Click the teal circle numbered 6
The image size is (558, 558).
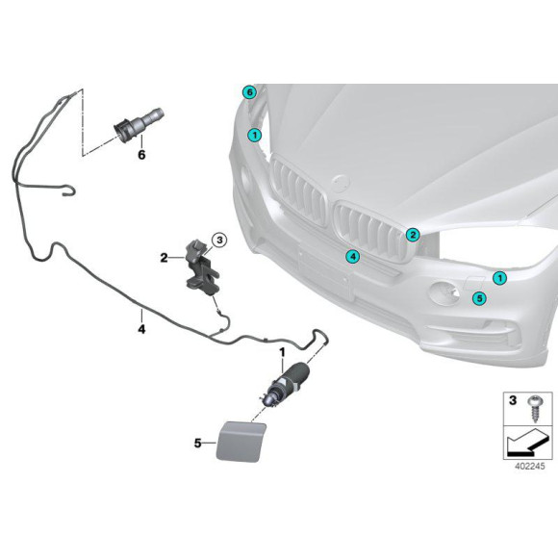tap(250, 92)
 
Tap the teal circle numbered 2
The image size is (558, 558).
tap(412, 234)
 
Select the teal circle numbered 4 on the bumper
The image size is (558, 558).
tap(352, 257)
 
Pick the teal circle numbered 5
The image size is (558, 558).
tap(480, 298)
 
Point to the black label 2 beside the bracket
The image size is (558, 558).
tap(165, 257)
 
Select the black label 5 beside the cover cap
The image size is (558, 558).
tap(198, 444)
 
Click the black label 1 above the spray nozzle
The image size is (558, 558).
tap(282, 353)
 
